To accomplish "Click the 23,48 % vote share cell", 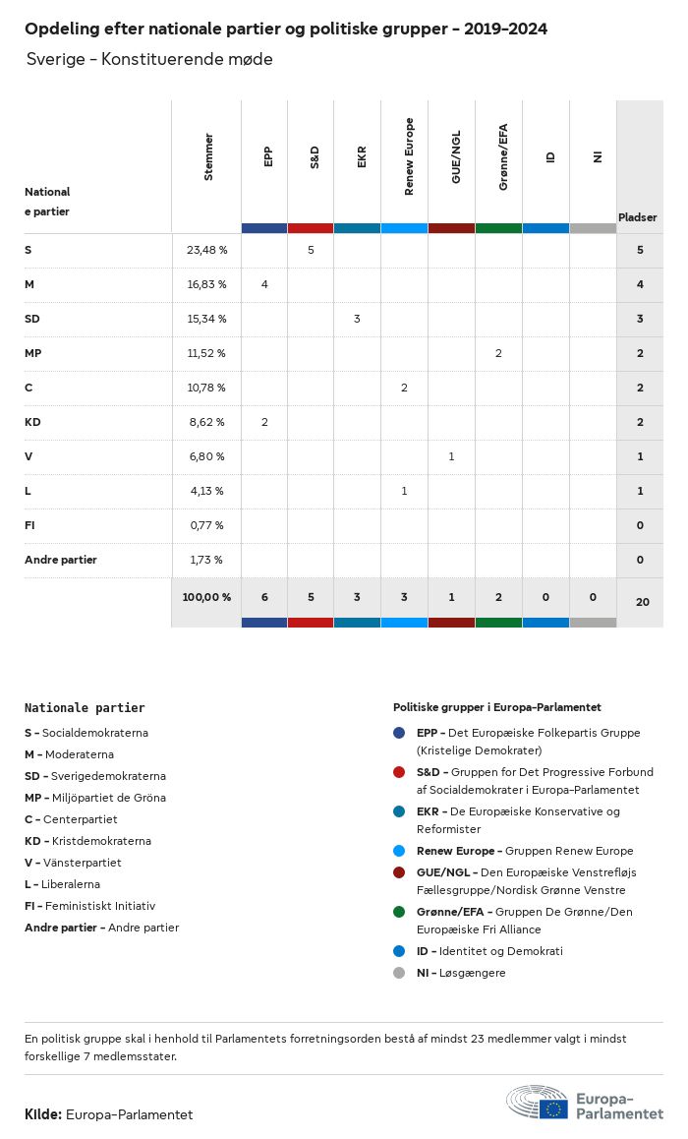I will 206,250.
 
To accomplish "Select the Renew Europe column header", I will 409,156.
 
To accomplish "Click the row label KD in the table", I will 32,422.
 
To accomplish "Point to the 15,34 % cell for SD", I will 206,319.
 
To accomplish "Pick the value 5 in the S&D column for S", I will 311,250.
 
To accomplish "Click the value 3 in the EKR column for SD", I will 357,319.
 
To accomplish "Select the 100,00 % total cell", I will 206,597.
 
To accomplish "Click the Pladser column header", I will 638,217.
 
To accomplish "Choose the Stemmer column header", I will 207,156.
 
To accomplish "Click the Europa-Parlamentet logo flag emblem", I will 553,1109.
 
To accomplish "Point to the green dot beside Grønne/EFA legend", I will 399,912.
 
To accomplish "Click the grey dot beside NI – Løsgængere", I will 399,973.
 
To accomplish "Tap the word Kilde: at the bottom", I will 43,1114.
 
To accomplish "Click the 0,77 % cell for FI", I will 206,525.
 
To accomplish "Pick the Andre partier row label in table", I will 61,560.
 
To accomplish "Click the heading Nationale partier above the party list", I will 85,707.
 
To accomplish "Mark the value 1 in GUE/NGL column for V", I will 451,456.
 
